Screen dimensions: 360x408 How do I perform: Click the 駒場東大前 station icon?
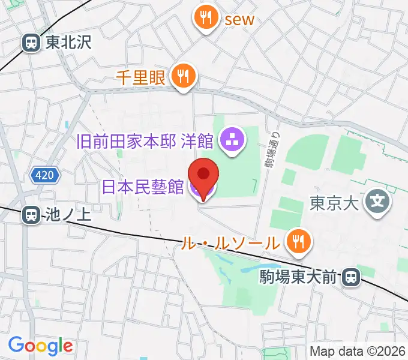coord(350,277)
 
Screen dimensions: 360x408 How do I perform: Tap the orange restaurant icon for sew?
coord(206,17)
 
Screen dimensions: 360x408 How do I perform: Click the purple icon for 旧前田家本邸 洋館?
coord(230,141)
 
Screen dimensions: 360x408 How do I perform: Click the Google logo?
coord(40,346)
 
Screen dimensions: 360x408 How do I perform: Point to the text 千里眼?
coord(142,76)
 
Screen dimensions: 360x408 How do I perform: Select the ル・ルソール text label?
coord(232,243)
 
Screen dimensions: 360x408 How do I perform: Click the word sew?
coord(239,19)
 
